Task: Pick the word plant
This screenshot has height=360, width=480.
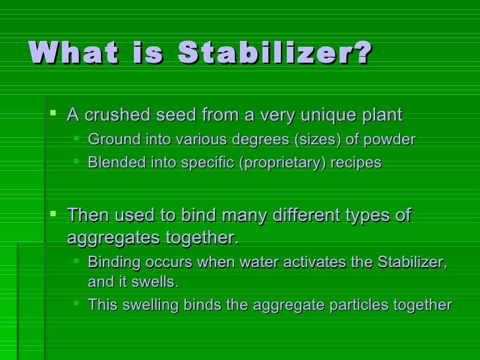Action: (x=379, y=116)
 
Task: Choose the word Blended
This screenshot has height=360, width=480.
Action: (x=114, y=162)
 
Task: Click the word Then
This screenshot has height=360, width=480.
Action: (x=88, y=216)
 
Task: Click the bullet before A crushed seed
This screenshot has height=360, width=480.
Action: (x=53, y=115)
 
